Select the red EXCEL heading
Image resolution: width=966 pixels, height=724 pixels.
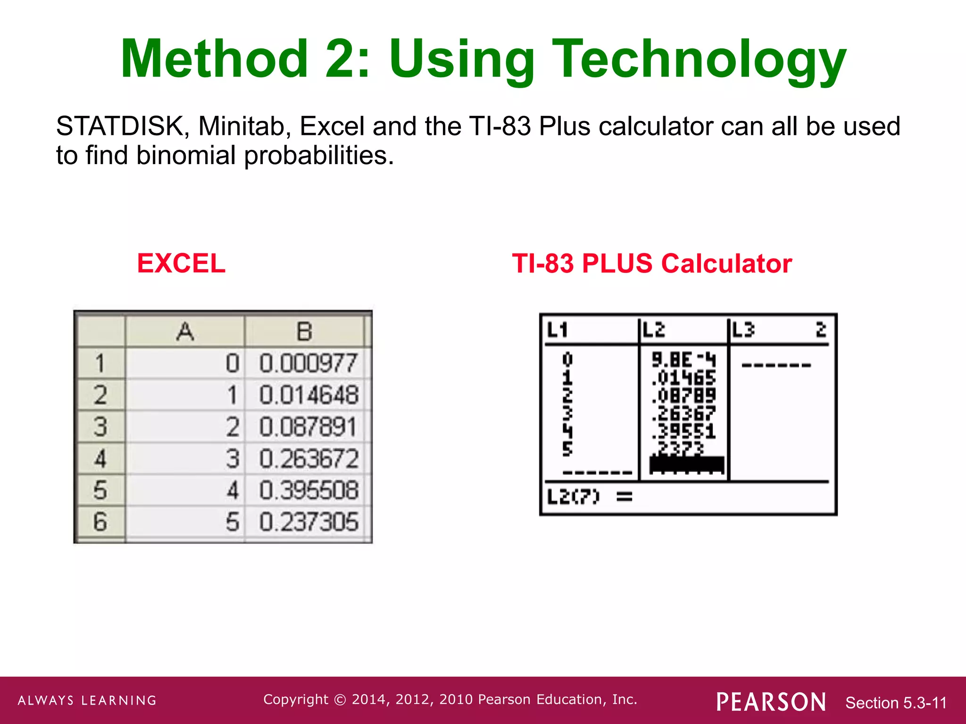tap(181, 263)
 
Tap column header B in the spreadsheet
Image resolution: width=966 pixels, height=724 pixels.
tap(304, 331)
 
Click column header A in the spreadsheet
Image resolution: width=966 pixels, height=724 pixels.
tap(185, 331)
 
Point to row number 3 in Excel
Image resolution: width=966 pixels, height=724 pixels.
tap(100, 427)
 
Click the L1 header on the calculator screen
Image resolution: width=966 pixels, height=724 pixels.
tap(558, 329)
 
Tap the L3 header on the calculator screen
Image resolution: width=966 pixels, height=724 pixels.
tap(743, 329)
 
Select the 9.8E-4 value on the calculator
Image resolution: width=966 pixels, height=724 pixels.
tap(683, 360)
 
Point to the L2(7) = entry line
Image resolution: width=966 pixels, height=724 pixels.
tap(590, 496)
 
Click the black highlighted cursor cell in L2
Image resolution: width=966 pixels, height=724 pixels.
tap(686, 464)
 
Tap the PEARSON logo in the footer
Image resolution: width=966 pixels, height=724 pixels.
tap(771, 702)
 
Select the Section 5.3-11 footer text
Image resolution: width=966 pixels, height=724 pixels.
tap(896, 703)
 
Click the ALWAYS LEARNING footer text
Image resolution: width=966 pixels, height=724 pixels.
tap(87, 700)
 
